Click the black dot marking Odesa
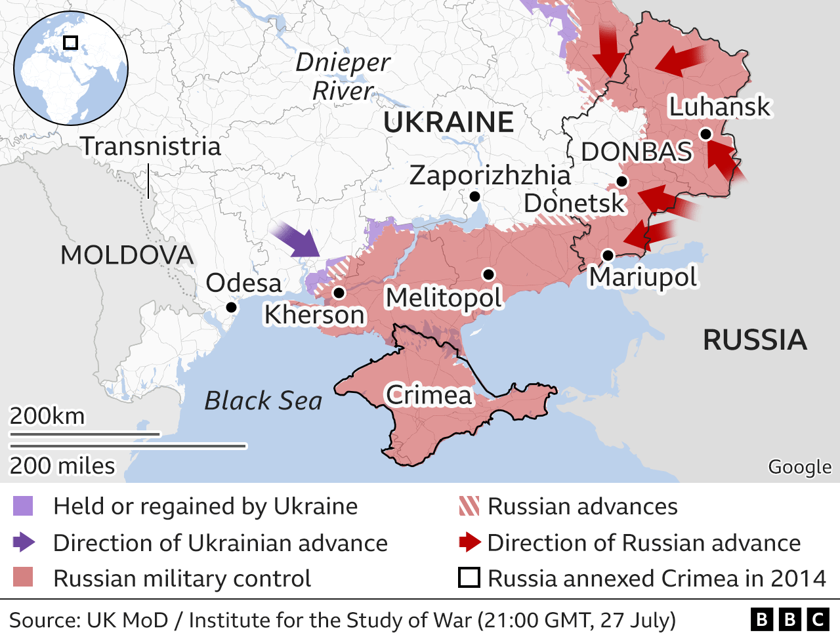point(231,307)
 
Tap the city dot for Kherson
point(339,293)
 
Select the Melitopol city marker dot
point(488,274)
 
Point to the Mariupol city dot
point(608,255)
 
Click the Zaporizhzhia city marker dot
point(474,196)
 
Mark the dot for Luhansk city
point(705,134)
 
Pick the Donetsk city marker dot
point(622,181)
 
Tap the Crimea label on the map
point(429,395)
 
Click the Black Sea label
point(263,400)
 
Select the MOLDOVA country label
point(127,255)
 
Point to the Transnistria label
point(151,146)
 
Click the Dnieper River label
point(343,77)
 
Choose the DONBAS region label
point(637,152)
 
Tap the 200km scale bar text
point(47,416)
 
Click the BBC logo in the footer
point(789,619)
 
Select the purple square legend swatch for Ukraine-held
point(22,506)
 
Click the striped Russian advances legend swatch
point(469,506)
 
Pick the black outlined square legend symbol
point(469,578)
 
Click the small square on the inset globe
point(70,43)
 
